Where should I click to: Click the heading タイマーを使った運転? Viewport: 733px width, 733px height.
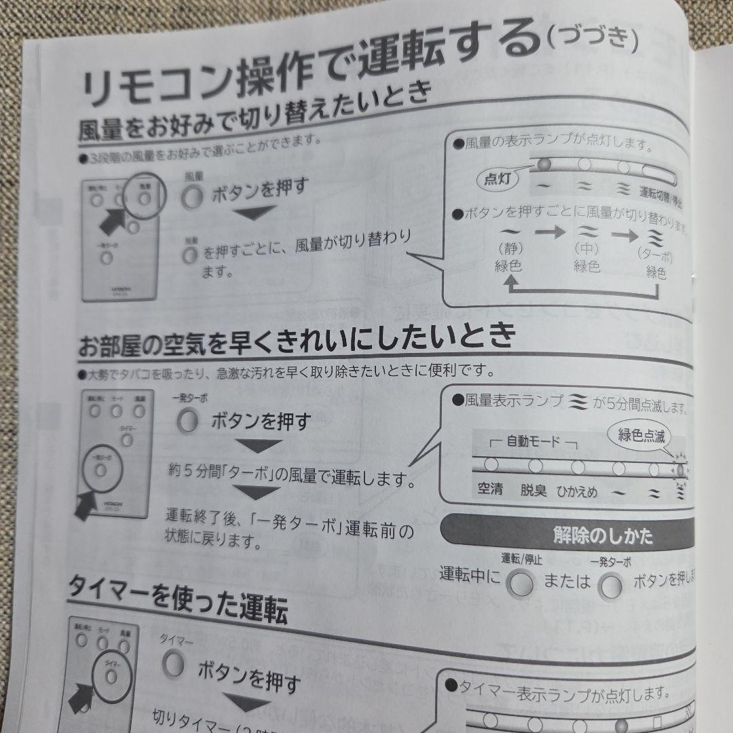(x=177, y=601)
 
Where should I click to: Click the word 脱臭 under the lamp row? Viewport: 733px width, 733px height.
(x=533, y=490)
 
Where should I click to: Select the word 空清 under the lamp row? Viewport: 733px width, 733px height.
(x=489, y=488)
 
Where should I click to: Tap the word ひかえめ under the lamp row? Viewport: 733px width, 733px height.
(x=577, y=492)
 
